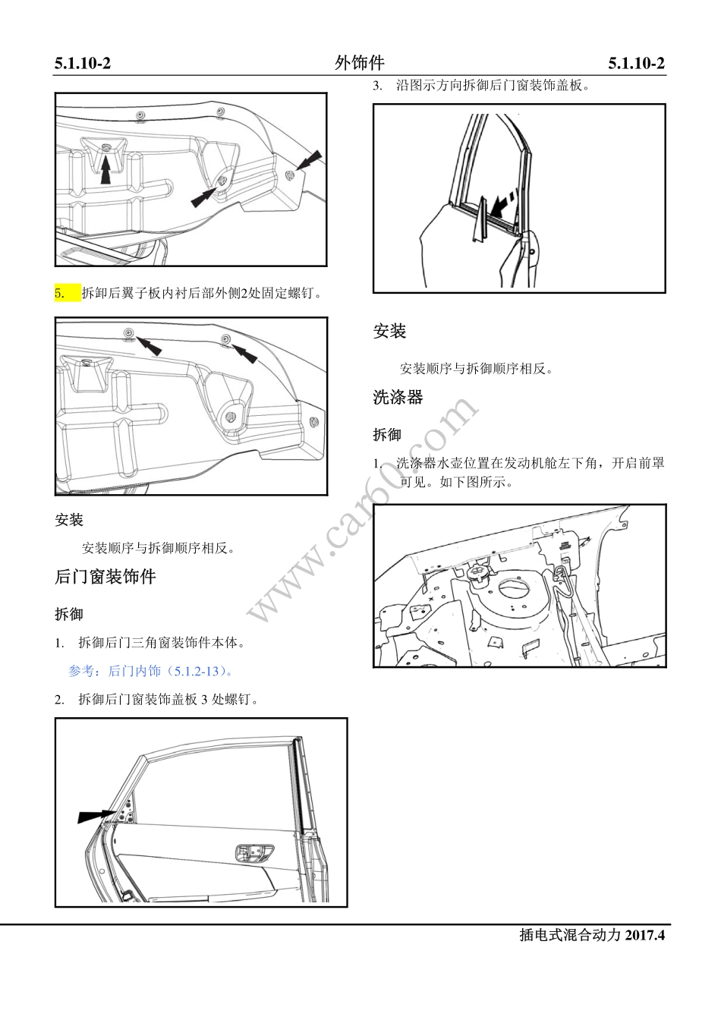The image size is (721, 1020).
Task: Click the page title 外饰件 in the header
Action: (x=359, y=63)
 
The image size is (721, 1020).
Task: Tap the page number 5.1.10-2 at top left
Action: (x=83, y=64)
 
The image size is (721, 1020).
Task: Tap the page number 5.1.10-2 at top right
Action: (x=636, y=64)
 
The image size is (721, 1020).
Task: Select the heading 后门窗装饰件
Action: (x=105, y=577)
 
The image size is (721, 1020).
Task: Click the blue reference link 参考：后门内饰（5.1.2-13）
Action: (x=151, y=671)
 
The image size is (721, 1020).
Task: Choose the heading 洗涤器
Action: (x=398, y=397)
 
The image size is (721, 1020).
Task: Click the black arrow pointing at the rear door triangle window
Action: (x=96, y=816)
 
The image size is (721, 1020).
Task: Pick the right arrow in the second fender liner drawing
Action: (x=244, y=351)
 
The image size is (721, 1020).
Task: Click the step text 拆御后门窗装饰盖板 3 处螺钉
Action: (x=168, y=700)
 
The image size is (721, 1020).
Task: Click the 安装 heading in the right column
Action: (x=389, y=332)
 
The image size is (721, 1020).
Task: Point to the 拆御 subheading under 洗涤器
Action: (x=387, y=435)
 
